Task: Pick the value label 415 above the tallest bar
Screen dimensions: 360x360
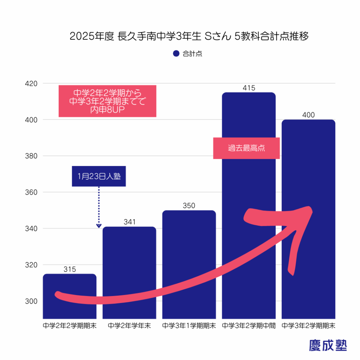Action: pos(249,88)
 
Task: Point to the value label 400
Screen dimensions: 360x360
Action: pos(308,115)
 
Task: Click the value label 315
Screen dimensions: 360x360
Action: pos(70,269)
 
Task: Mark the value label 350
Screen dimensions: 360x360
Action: pos(189,206)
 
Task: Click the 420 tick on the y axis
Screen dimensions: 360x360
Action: pos(31,84)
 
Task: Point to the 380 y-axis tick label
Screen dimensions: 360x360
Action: pos(31,156)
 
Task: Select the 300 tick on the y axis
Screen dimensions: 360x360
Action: pos(31,301)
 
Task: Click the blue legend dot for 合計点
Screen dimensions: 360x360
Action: pos(176,54)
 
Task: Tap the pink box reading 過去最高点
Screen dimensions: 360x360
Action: pos(246,148)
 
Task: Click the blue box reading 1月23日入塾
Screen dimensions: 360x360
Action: pos(99,176)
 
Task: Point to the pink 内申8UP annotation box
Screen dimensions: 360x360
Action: pos(107,101)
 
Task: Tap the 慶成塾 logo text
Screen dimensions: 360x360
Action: pos(328,345)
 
